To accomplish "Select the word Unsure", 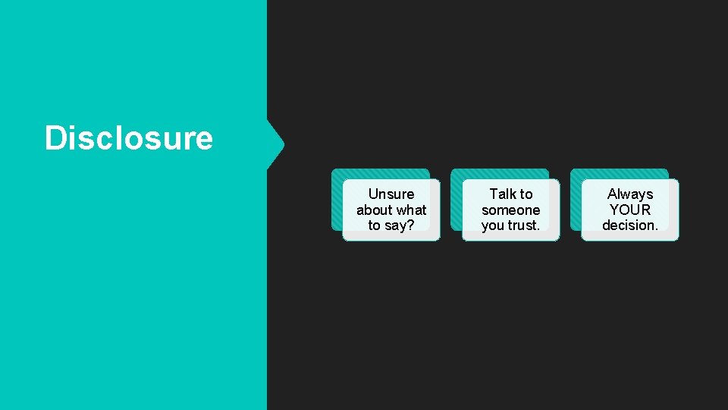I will pyautogui.click(x=391, y=194).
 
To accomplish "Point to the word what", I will pyautogui.click(x=412, y=210).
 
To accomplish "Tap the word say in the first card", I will pyautogui.click(x=396, y=226).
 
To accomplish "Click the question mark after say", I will pyautogui.click(x=410, y=225).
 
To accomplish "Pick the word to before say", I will pyautogui.click(x=374, y=226).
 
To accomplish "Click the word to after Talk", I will pyautogui.click(x=526, y=194).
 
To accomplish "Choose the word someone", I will pyautogui.click(x=511, y=210).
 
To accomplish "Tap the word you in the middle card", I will pyautogui.click(x=493, y=226).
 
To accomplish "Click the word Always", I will pyautogui.click(x=630, y=194).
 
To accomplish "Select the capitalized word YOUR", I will pyautogui.click(x=630, y=210).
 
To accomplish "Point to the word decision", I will pyautogui.click(x=629, y=225).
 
